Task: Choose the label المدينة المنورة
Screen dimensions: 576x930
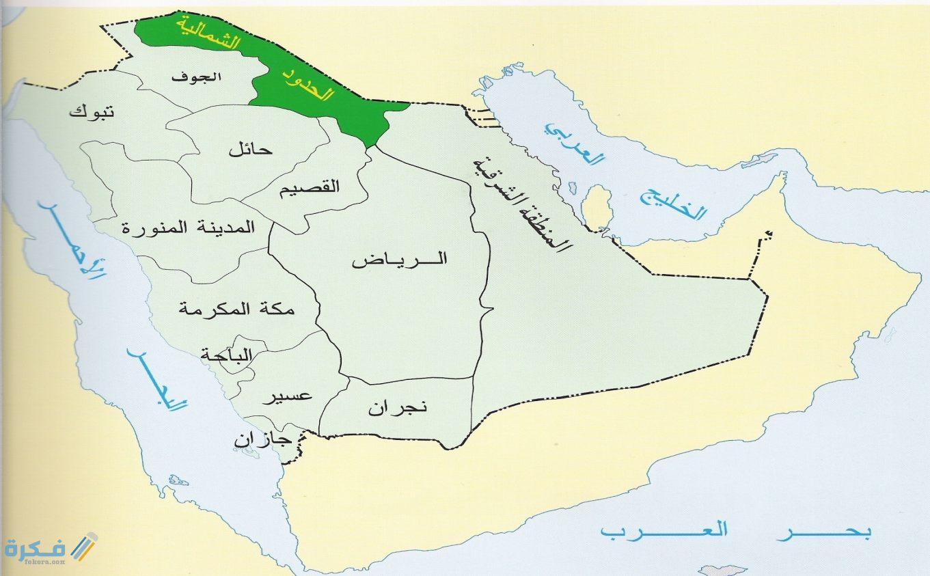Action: coord(189,227)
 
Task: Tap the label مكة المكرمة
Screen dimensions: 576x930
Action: coord(236,308)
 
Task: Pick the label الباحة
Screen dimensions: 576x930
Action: coord(226,355)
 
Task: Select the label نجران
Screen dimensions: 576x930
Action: coord(397,407)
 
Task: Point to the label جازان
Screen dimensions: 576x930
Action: coord(263,441)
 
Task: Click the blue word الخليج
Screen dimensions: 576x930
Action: coord(672,202)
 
